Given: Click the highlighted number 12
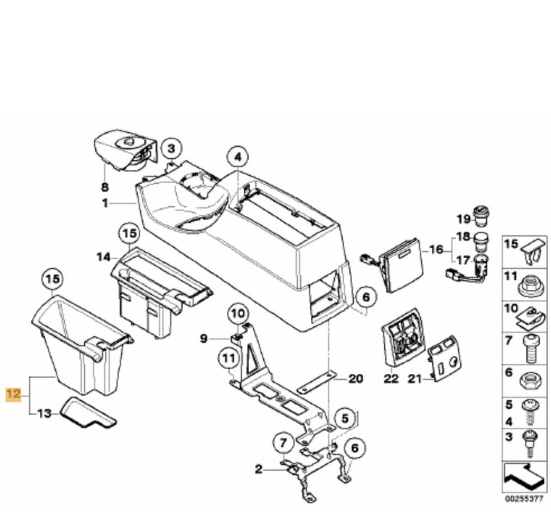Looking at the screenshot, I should [13, 394].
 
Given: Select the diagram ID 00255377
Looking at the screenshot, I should [524, 498].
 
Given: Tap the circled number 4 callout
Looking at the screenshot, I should [237, 157].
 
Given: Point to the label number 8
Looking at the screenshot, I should [105, 187].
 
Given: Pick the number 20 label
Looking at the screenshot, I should [356, 379].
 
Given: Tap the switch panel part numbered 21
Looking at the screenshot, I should [444, 362].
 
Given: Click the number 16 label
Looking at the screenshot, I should [436, 249].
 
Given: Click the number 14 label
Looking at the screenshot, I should [103, 257].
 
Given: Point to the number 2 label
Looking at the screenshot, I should [259, 469].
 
